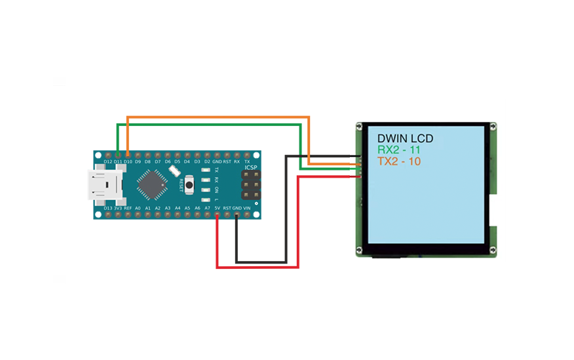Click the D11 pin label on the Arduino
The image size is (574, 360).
point(117,161)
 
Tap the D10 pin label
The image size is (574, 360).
point(128,161)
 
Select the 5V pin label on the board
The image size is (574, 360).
point(217,208)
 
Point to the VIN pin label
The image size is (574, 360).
point(247,208)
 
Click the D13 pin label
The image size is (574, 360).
point(107,208)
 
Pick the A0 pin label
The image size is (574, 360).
point(138,208)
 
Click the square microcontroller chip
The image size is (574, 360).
point(151,185)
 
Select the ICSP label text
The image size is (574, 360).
point(251,168)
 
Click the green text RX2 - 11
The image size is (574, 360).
point(398,150)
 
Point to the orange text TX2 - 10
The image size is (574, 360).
point(398,161)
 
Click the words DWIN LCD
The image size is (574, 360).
point(405,139)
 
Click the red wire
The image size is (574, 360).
point(257,267)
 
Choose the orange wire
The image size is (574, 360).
point(216,118)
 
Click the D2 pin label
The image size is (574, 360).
point(207,161)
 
